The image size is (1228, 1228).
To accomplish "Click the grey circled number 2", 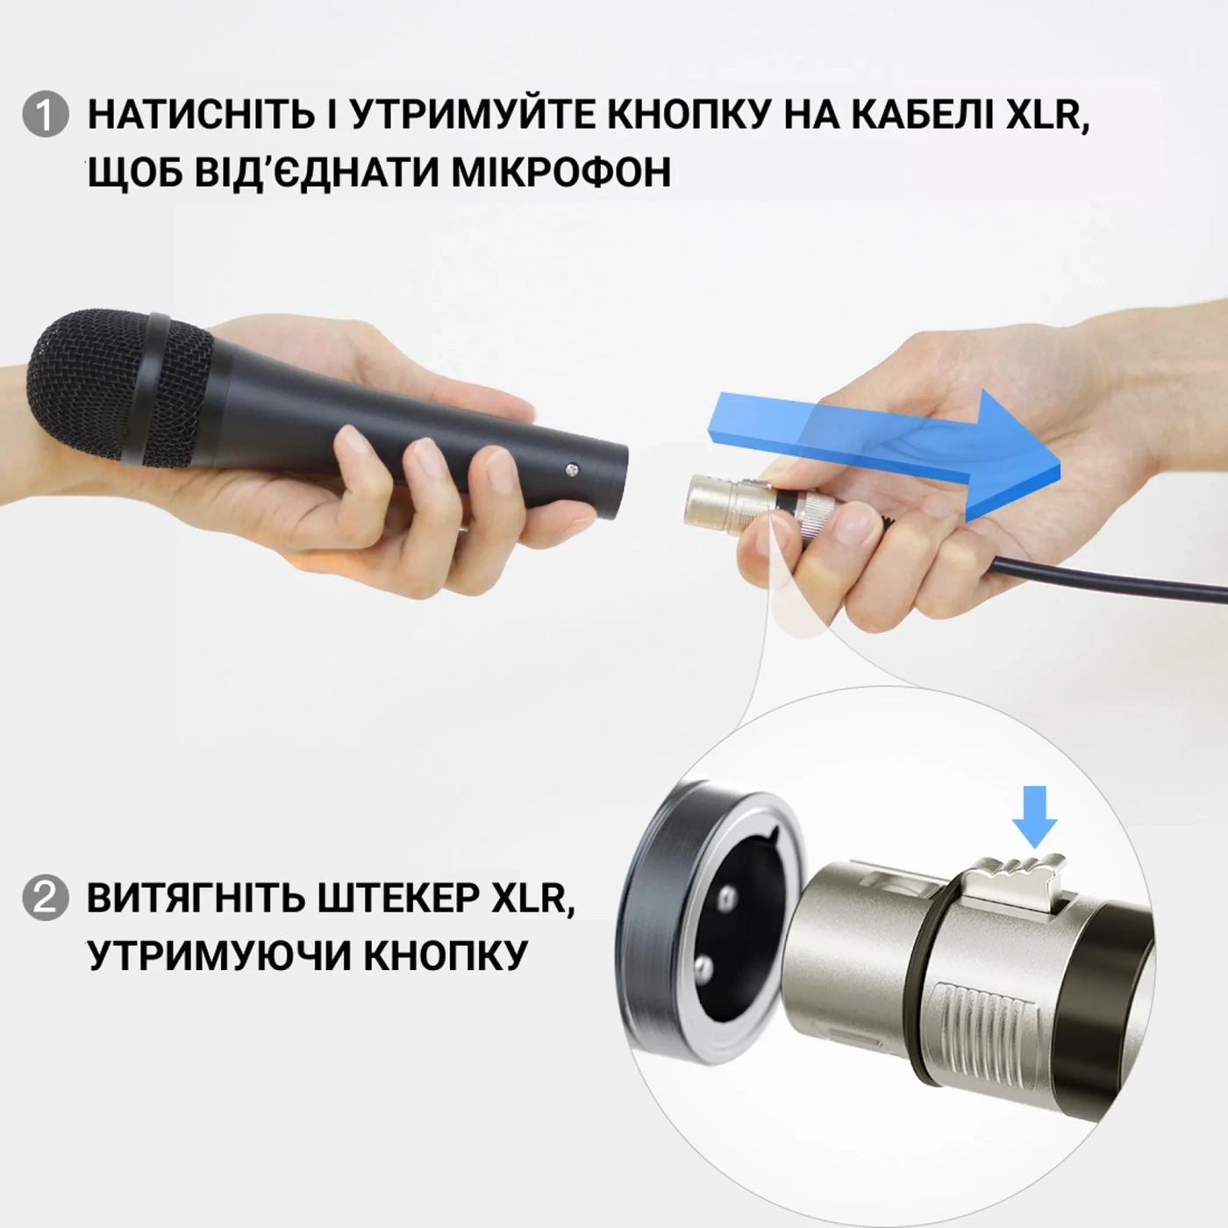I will tap(45, 898).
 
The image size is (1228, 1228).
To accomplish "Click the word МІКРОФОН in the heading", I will tap(561, 173).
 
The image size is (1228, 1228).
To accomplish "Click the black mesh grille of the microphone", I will tap(83, 386).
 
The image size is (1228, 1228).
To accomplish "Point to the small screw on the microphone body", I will tap(572, 470).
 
